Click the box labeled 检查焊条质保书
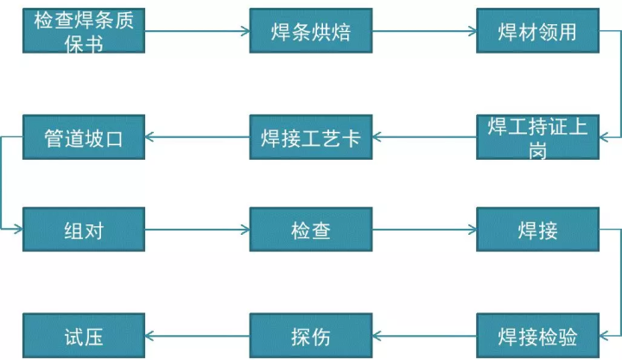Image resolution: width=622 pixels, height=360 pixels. (x=84, y=30)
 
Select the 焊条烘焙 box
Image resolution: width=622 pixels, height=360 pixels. (x=311, y=30)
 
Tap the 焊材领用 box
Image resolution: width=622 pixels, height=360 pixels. (x=538, y=30)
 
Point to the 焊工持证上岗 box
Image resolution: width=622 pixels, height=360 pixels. (x=538, y=137)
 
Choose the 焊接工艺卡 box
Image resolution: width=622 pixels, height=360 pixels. (x=311, y=137)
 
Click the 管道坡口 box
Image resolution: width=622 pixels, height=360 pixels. (x=84, y=137)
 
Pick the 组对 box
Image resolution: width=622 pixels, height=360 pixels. (x=84, y=229)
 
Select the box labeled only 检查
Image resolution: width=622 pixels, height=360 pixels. (x=311, y=229)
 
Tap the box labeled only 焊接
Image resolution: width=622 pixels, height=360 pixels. (x=538, y=229)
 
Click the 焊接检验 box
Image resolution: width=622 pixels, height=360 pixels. (x=538, y=336)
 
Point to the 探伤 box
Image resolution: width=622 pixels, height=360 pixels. (x=311, y=336)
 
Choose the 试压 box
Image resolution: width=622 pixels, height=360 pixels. (x=84, y=336)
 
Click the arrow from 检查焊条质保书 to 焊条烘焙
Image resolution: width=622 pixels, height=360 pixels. (x=197, y=31)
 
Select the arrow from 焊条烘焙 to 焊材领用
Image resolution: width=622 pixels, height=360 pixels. (x=424, y=31)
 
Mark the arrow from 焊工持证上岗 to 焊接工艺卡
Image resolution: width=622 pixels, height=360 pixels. (x=424, y=137)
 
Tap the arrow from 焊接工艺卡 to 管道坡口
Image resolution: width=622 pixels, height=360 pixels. (x=197, y=137)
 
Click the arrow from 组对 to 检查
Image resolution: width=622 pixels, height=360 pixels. (x=197, y=229)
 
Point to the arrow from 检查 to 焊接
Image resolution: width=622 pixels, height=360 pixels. (x=424, y=229)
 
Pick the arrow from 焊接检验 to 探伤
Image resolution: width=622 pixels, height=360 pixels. (x=424, y=336)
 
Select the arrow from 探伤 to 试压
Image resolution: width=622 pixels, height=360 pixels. (x=197, y=336)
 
